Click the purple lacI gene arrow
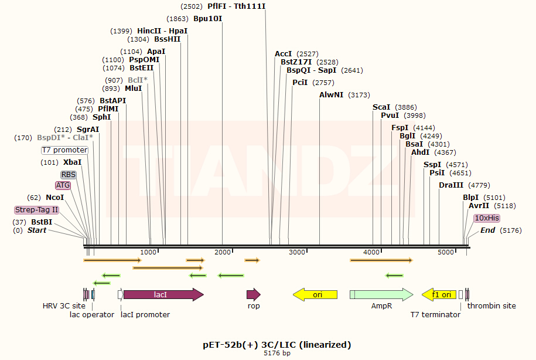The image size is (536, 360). (x=163, y=294)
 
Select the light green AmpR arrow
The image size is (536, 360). (x=381, y=294)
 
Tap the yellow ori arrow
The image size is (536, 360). (x=316, y=294)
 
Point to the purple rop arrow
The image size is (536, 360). (x=253, y=294)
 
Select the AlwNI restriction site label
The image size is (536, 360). (x=331, y=94)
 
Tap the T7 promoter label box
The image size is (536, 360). (x=64, y=150)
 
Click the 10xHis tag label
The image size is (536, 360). (x=487, y=218)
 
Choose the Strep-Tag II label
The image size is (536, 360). (x=37, y=210)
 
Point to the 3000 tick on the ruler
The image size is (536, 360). (x=297, y=252)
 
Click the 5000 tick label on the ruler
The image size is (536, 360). (x=446, y=252)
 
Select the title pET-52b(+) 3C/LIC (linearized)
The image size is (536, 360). (x=268, y=344)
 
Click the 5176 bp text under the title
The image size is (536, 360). (x=268, y=353)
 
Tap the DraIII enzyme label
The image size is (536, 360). (x=451, y=185)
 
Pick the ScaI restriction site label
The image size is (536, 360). (x=381, y=107)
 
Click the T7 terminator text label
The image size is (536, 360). (x=435, y=315)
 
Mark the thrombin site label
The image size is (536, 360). (x=491, y=306)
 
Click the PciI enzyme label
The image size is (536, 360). (x=300, y=82)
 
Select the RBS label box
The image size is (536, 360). (x=69, y=175)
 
